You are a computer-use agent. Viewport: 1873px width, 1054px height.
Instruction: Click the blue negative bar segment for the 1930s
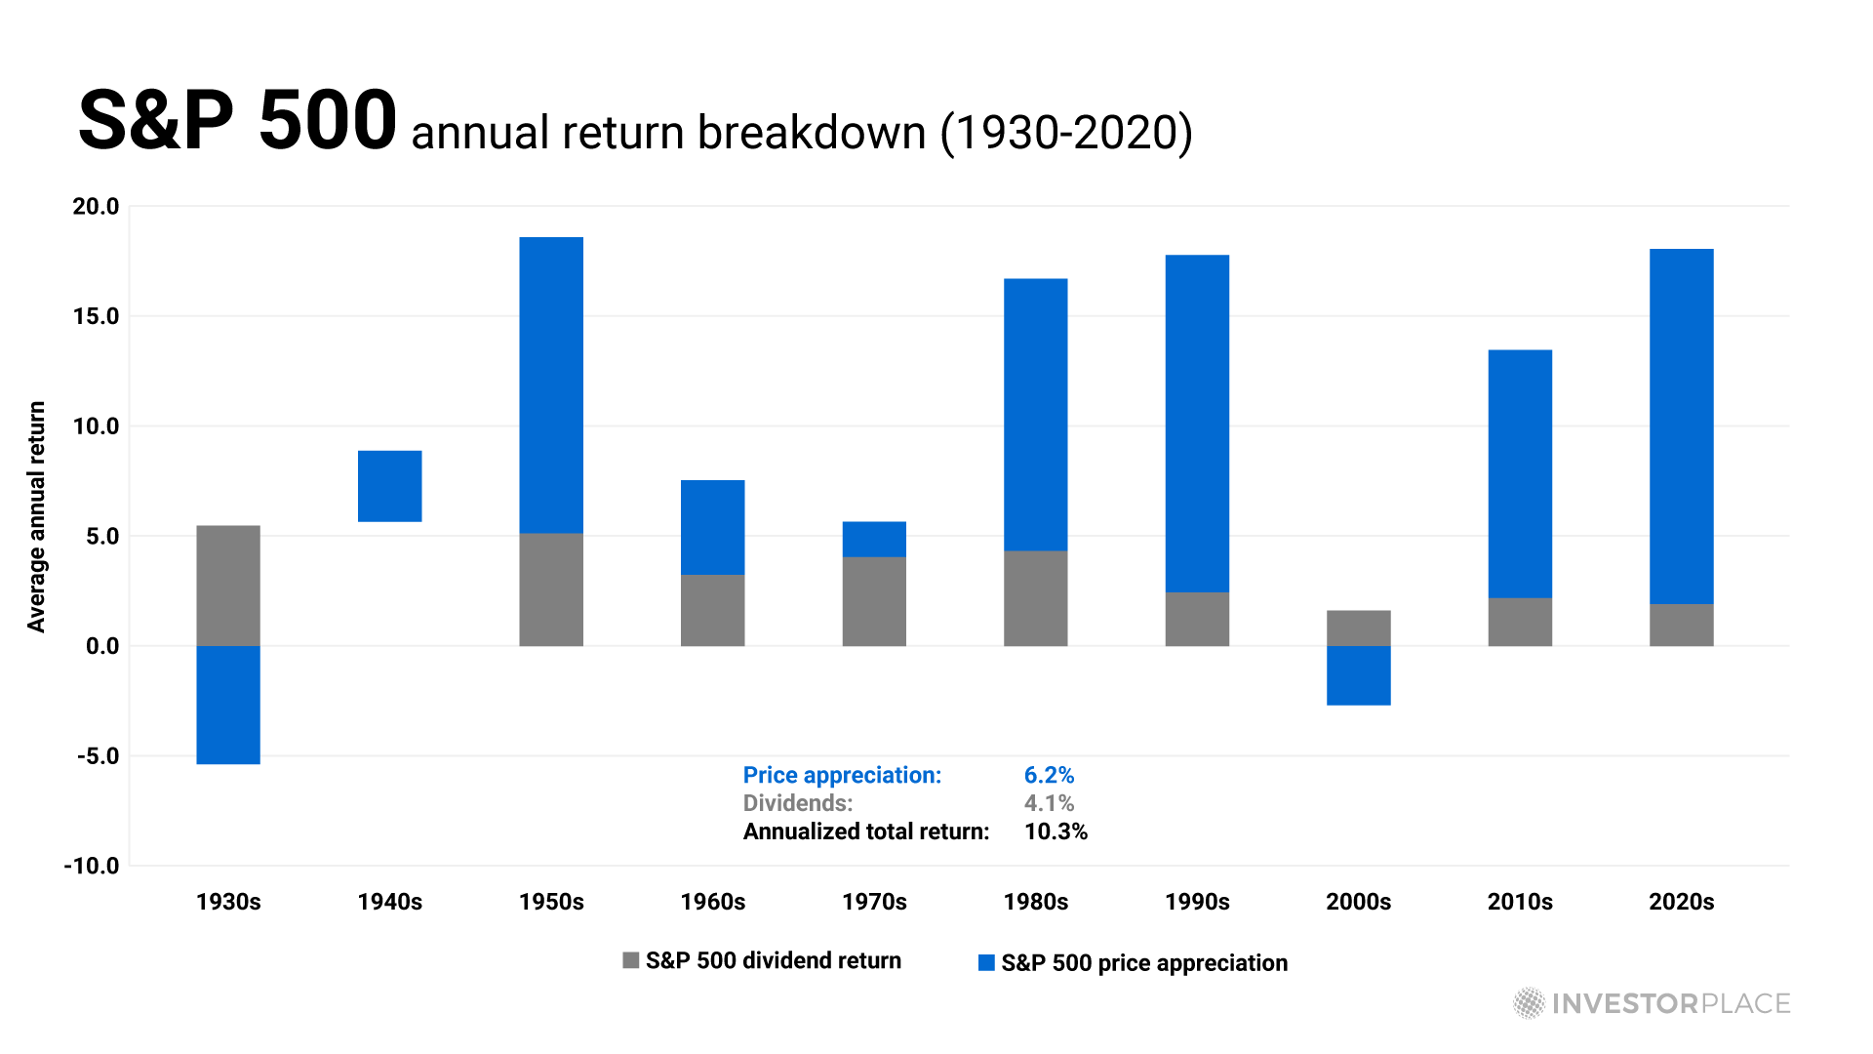click(x=228, y=705)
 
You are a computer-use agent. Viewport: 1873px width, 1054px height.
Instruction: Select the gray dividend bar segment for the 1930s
click(x=228, y=586)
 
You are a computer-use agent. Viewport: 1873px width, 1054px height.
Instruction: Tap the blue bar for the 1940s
click(x=390, y=486)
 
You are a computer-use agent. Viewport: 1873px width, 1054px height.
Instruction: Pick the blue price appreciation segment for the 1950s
click(x=551, y=385)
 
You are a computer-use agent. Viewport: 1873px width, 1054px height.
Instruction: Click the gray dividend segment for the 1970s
click(x=874, y=601)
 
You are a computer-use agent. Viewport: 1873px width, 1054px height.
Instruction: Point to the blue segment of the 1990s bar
click(x=1197, y=424)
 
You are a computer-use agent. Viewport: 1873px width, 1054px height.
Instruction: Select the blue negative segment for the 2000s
click(x=1359, y=675)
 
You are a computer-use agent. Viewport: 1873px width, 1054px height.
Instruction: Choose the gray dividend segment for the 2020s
click(x=1682, y=626)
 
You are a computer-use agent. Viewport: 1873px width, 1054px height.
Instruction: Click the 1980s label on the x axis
click(x=1036, y=902)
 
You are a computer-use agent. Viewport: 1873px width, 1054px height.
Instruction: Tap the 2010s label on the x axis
click(x=1520, y=902)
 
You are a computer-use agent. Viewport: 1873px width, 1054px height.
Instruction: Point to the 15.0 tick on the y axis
click(x=96, y=316)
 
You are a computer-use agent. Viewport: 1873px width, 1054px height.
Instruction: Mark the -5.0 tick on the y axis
click(x=98, y=756)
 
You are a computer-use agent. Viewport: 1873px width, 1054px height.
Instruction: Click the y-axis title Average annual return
click(x=36, y=517)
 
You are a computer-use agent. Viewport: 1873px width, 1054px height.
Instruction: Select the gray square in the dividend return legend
click(x=631, y=960)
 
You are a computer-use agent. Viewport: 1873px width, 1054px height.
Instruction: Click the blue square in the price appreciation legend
click(x=986, y=963)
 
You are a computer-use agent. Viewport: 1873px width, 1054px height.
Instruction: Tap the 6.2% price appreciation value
click(x=1049, y=775)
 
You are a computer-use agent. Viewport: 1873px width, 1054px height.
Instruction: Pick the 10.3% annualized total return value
click(x=1056, y=831)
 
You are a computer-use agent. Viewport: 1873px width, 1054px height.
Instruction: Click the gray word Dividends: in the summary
click(x=798, y=803)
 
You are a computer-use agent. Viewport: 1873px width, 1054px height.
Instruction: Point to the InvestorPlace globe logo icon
click(x=1529, y=1003)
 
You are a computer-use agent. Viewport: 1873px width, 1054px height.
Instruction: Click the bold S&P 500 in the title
click(x=237, y=120)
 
